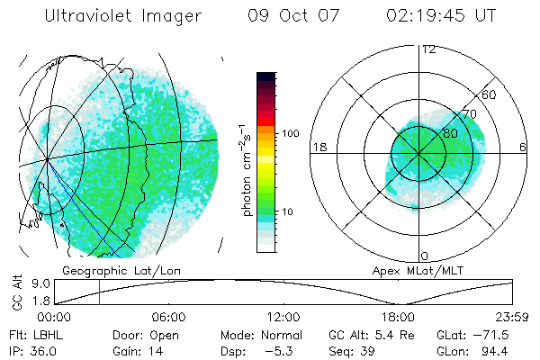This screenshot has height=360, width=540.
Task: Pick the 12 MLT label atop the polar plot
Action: [x=428, y=49]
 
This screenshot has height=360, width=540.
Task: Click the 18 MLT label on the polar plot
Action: [x=318, y=147]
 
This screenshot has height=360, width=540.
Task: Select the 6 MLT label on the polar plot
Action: [x=524, y=147]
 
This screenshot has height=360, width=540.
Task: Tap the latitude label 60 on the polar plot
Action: [x=490, y=94]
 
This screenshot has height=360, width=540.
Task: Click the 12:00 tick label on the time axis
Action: [x=283, y=317]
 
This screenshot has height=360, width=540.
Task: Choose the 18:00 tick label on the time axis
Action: [x=398, y=317]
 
